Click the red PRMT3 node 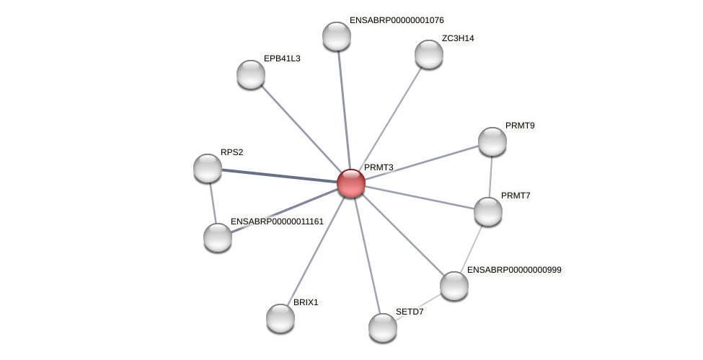[351, 183]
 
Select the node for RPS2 [208, 168]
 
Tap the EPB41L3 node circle [251, 74]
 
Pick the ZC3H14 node [429, 54]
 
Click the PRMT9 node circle [492, 141]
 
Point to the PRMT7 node [488, 211]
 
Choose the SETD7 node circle [383, 328]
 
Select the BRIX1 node [280, 318]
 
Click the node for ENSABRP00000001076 [337, 36]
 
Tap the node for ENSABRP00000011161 [218, 237]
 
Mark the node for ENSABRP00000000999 [454, 286]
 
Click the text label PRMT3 [379, 167]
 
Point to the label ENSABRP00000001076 [397, 20]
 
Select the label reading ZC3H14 [458, 38]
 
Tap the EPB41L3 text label [282, 58]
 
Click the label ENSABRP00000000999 [514, 270]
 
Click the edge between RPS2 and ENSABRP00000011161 [213, 203]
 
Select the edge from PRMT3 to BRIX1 [316, 250]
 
